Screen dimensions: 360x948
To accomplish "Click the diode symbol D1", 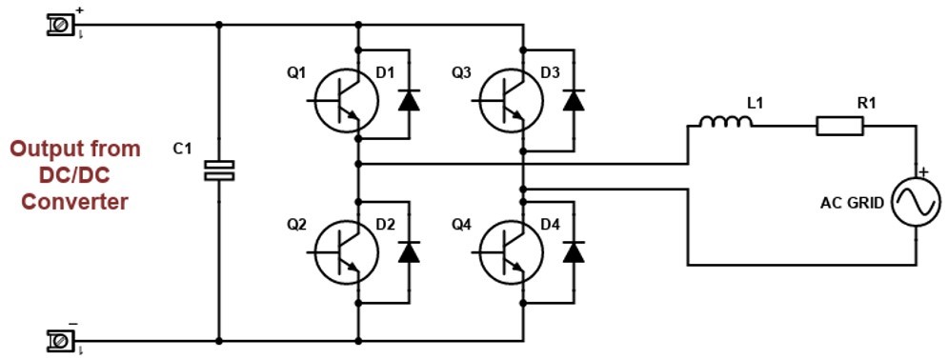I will point(409,100).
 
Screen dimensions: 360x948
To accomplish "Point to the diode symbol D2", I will point(409,251).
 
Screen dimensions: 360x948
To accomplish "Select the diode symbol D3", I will point(574,100).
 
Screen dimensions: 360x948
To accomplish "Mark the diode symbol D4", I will point(574,251).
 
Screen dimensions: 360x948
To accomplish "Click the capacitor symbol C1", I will point(219,170).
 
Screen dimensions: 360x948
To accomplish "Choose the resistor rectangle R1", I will point(839,125).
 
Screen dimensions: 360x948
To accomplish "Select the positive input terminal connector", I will point(60,25).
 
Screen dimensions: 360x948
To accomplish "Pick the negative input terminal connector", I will point(60,339).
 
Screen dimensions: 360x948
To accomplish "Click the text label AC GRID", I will point(852,203).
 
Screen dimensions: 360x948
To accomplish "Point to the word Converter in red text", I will point(75,202).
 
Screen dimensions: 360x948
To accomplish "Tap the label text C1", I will point(182,149).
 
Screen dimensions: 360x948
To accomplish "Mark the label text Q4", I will point(461,225).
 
